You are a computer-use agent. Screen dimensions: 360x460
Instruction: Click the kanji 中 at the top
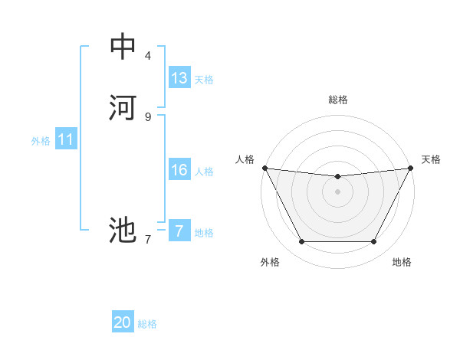123,47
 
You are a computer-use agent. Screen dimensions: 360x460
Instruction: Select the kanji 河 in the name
123,107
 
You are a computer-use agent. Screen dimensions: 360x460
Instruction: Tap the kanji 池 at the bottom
123,229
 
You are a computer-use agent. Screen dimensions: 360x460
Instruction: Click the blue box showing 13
179,78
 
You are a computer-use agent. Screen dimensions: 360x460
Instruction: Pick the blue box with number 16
179,170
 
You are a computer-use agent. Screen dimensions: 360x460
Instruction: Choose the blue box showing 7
179,231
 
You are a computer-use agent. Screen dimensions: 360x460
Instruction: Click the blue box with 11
66,139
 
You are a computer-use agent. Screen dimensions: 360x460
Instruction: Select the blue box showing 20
123,322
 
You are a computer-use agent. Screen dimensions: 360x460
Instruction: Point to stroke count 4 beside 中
148,55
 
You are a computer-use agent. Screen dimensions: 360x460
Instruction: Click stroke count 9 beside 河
148,116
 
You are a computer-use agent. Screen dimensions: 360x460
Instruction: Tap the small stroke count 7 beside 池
148,239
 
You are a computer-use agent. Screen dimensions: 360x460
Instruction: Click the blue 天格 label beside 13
204,80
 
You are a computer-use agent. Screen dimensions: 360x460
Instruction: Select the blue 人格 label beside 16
204,172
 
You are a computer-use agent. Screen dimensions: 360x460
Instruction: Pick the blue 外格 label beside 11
41,141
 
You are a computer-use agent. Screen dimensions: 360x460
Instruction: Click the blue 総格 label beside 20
147,324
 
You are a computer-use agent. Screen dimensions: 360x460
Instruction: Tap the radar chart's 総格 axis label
338,100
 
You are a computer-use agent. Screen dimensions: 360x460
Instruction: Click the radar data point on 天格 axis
411,168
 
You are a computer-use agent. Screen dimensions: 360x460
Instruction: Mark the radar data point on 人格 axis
264,168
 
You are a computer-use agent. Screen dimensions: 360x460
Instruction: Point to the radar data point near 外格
301,242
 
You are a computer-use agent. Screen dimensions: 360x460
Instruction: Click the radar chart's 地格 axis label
402,262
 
